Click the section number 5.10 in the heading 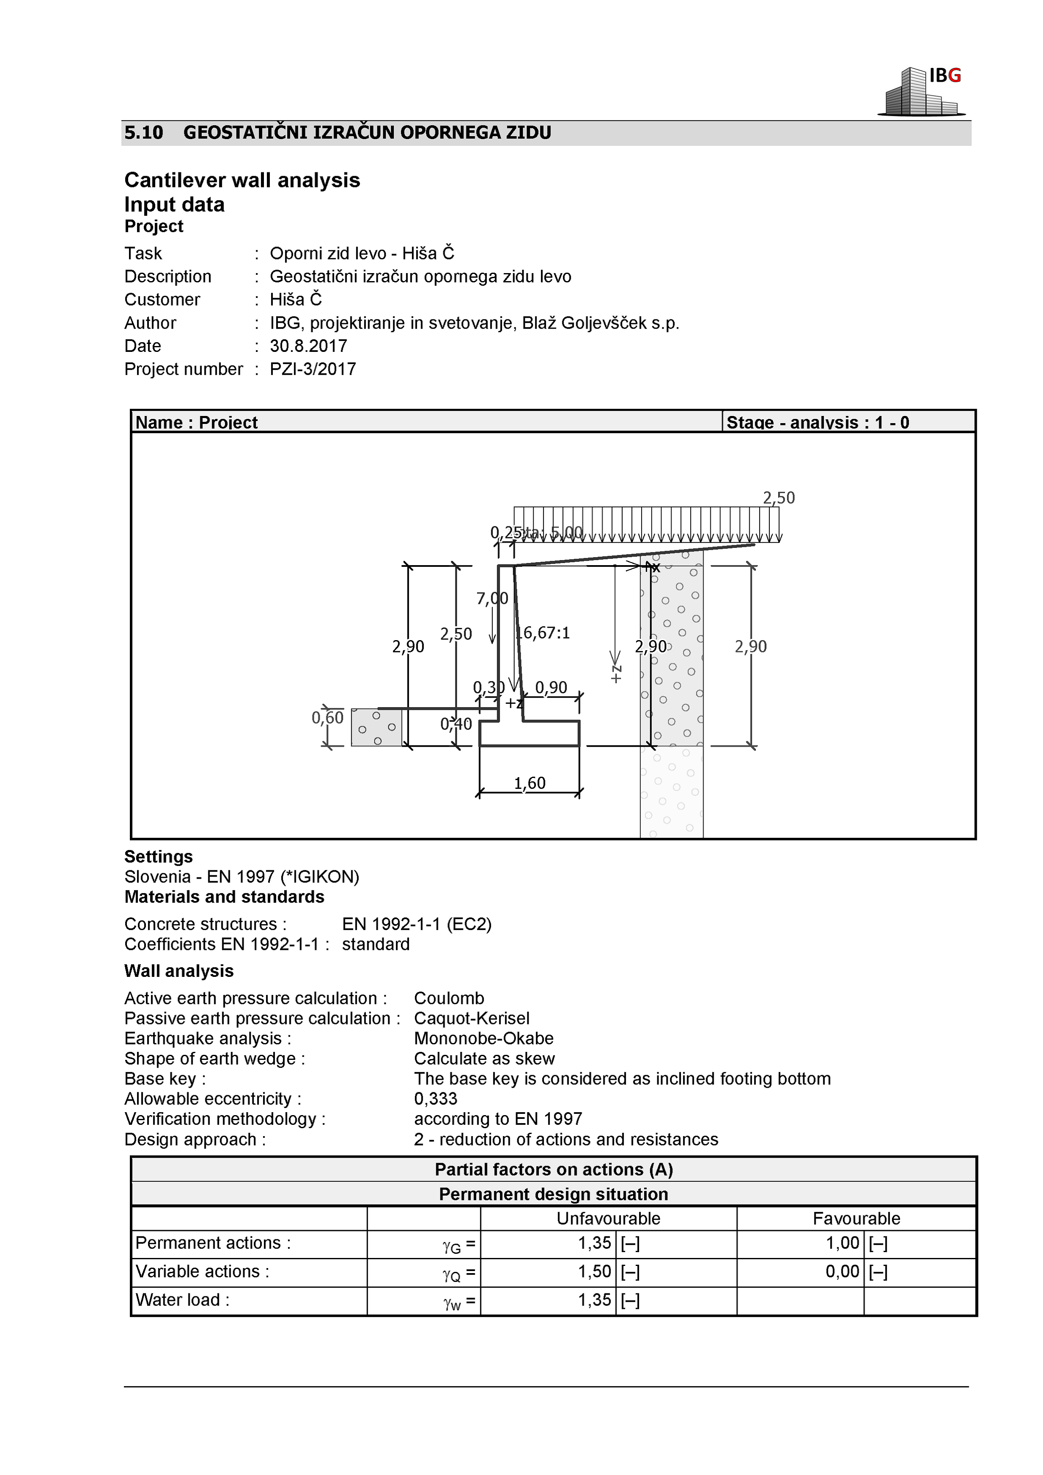143,133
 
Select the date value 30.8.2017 309,346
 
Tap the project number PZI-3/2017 313,370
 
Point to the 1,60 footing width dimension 530,783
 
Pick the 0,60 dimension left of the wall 327,718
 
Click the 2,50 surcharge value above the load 779,498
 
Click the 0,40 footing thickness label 456,725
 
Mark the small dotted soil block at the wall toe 376,727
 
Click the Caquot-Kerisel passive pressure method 472,1018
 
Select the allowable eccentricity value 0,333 436,1099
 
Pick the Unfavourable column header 608,1219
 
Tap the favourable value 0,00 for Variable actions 842,1271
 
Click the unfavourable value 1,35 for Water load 594,1300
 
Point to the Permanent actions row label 213,1243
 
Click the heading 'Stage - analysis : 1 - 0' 817,423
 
